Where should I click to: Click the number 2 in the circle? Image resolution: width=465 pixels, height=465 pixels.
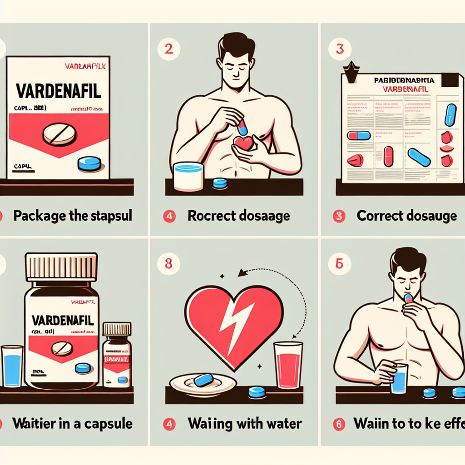[168, 49]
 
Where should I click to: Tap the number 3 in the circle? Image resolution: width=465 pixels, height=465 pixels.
[339, 49]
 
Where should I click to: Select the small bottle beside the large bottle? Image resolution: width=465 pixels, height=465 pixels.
[117, 354]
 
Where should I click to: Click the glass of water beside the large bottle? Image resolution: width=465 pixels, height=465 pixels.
[12, 367]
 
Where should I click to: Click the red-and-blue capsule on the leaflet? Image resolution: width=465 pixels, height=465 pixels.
[359, 135]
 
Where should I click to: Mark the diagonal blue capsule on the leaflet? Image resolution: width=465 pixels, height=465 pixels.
[419, 157]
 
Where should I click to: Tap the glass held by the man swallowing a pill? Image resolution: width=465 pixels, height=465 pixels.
[399, 378]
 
